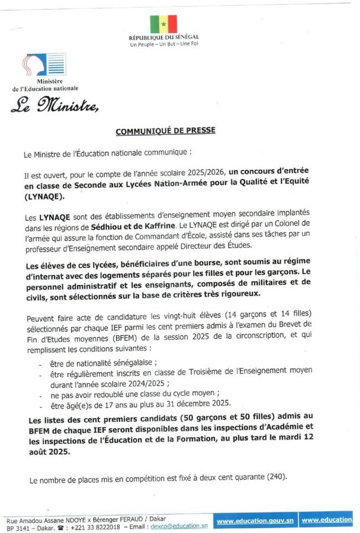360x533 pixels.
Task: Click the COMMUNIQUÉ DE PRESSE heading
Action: click(x=165, y=130)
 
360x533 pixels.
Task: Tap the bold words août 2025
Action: click(x=49, y=449)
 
